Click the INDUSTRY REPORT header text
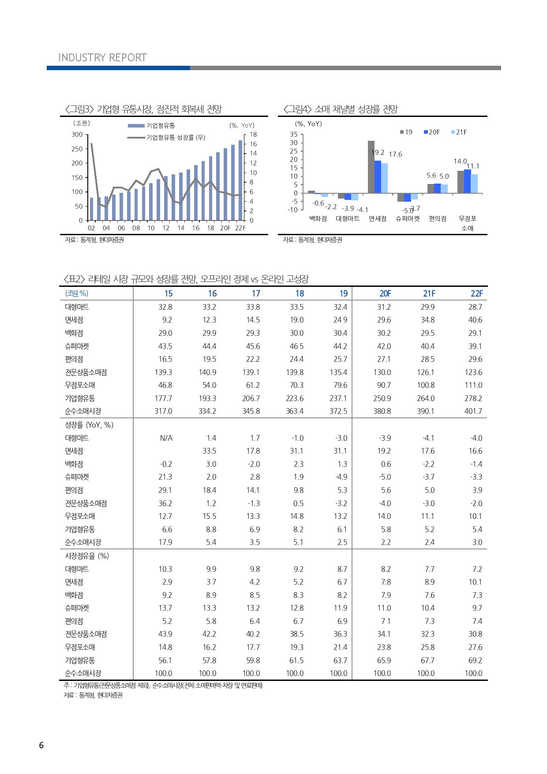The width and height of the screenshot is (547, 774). (x=102, y=58)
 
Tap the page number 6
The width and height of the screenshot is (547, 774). (x=41, y=745)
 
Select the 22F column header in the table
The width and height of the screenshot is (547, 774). (x=476, y=293)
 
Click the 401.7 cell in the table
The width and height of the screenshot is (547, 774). (x=473, y=411)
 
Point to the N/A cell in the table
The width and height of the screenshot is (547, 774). (x=166, y=438)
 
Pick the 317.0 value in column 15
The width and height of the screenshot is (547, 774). (x=163, y=411)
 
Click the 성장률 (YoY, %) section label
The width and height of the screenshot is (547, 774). (x=89, y=425)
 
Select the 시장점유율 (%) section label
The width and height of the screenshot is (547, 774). (x=87, y=556)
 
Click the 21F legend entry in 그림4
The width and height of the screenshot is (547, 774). (x=459, y=132)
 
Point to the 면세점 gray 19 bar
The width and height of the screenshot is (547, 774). (x=371, y=167)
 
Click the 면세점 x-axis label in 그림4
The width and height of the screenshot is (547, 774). (x=378, y=219)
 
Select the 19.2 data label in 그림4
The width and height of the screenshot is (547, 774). (x=378, y=153)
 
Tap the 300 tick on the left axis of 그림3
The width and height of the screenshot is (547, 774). (x=77, y=134)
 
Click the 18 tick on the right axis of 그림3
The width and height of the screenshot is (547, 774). (x=253, y=134)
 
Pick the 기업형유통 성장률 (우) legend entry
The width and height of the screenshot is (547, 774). (x=176, y=138)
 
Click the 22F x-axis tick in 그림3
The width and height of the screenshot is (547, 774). (x=240, y=228)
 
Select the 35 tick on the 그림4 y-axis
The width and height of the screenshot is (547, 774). (x=294, y=134)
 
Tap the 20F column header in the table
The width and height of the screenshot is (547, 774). (x=385, y=293)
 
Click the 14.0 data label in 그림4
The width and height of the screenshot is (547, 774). (x=460, y=162)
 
